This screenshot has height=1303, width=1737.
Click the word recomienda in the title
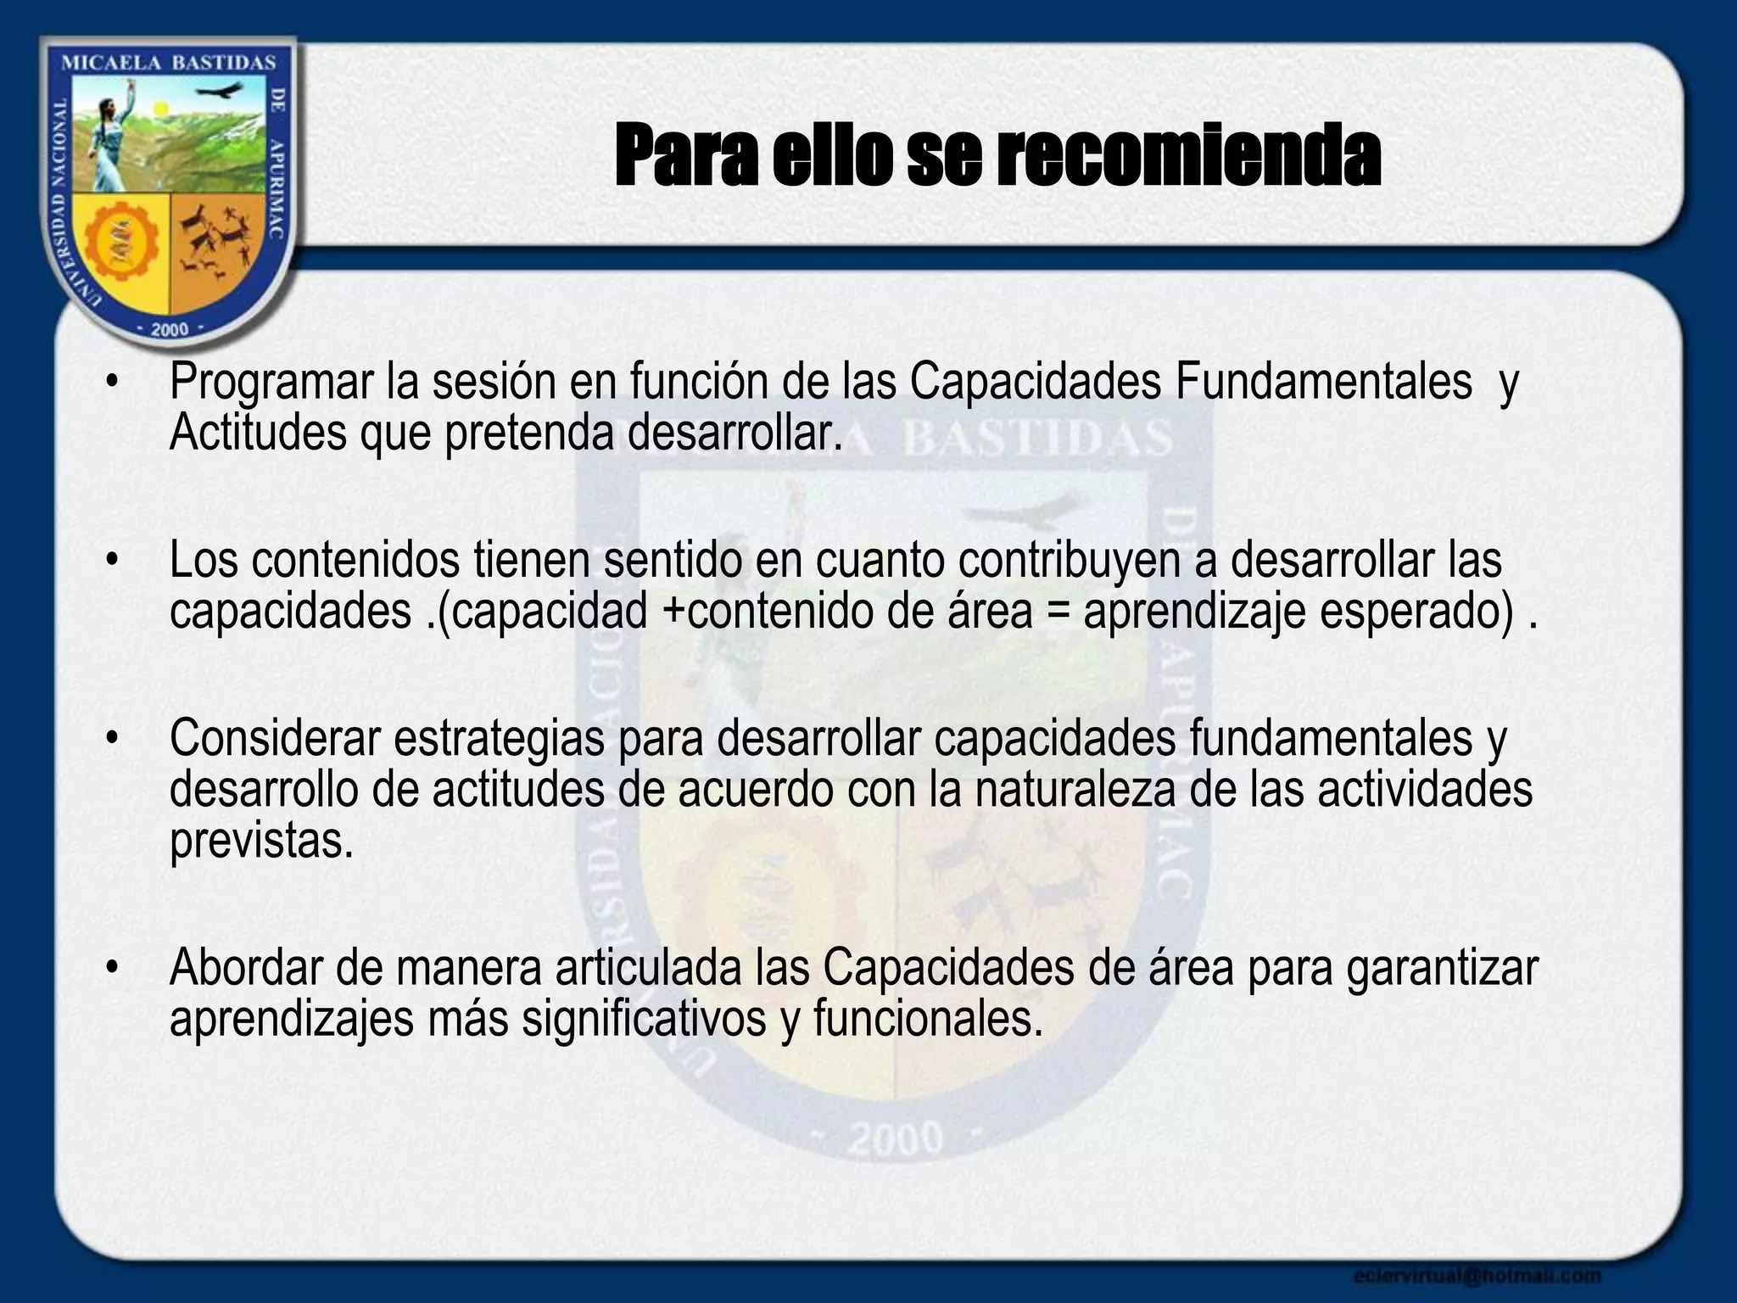click(x=1187, y=156)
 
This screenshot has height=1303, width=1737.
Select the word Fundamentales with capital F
click(x=1323, y=382)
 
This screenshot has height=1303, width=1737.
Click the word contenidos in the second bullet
click(x=355, y=562)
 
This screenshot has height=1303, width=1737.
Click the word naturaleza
click(x=1074, y=790)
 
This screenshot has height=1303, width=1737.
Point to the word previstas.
click(x=260, y=842)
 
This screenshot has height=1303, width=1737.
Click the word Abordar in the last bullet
click(x=246, y=968)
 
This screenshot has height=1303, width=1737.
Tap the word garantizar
click(x=1442, y=970)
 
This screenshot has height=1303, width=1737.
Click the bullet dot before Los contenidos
click(x=110, y=562)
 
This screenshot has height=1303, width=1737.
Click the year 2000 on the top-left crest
click(x=169, y=329)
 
